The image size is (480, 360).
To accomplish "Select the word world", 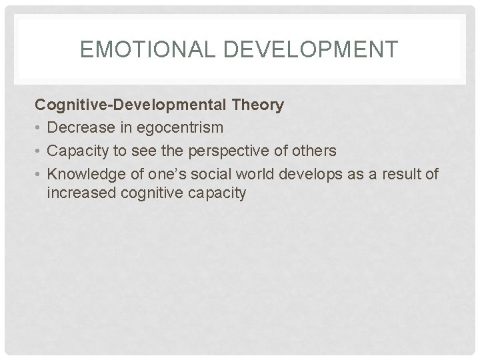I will click(237, 174).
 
